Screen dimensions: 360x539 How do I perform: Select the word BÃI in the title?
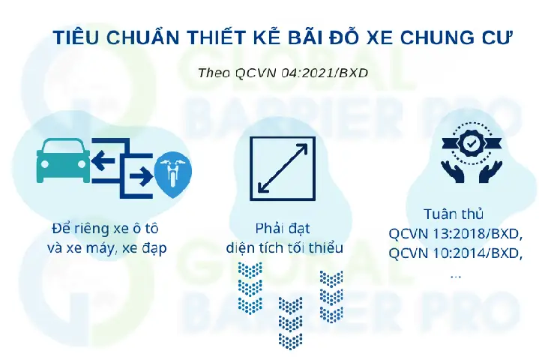pos(292,38)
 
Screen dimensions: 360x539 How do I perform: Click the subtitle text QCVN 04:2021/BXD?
pos(301,73)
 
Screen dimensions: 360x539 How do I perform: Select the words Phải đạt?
pos(283,228)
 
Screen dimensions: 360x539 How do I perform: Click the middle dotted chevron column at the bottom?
pos(290,322)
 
